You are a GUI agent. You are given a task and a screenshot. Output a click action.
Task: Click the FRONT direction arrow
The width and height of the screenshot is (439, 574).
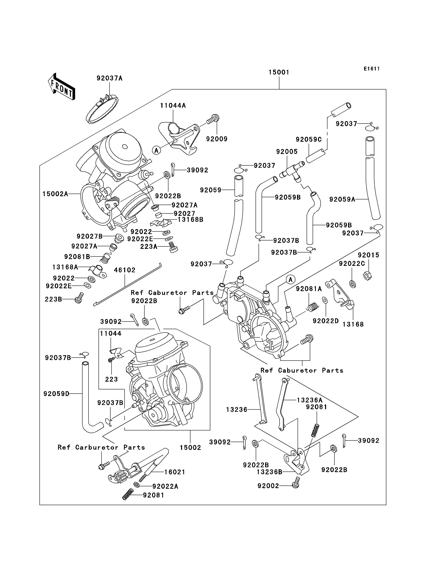(62, 87)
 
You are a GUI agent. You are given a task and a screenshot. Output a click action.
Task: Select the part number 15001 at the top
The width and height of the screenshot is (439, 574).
(279, 72)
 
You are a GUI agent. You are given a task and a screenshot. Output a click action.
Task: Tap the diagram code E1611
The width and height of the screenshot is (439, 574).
(372, 69)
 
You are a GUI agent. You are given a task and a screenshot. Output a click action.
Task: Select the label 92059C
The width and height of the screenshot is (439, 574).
(309, 140)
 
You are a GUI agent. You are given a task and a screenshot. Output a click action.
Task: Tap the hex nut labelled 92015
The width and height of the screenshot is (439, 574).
(367, 275)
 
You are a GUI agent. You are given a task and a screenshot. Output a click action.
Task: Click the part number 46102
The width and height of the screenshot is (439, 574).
(125, 270)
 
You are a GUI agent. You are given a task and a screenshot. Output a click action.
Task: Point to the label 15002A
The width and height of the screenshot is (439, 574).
(55, 194)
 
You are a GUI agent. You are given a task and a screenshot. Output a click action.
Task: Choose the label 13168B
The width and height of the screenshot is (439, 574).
(190, 219)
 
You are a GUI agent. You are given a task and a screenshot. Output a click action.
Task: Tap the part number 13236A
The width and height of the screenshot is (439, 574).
(310, 400)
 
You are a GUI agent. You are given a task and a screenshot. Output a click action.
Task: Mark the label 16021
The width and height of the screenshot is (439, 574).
(175, 472)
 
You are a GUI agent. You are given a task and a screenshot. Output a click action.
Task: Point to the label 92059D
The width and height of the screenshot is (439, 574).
(56, 394)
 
